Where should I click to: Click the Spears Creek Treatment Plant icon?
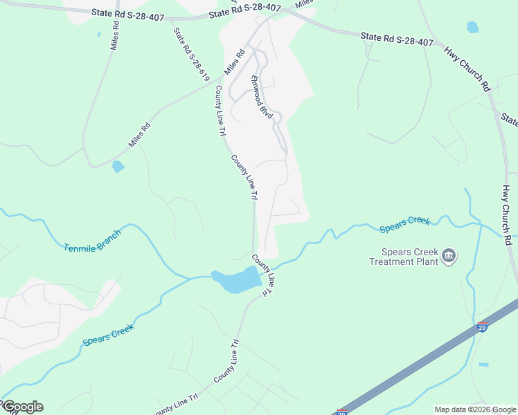pyautogui.click(x=449, y=257)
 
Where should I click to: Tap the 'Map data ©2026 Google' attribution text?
pyautogui.click(x=475, y=409)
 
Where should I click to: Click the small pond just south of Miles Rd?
pyautogui.click(x=118, y=167)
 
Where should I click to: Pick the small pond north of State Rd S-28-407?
pyautogui.click(x=472, y=27)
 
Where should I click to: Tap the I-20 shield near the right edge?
pyautogui.click(x=481, y=326)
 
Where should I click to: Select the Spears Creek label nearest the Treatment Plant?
pyautogui.click(x=404, y=225)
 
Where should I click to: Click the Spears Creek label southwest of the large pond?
pyautogui.click(x=107, y=331)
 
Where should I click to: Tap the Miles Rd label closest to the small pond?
pyautogui.click(x=139, y=136)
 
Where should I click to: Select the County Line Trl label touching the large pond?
pyautogui.click(x=264, y=276)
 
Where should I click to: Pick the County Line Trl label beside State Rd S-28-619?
pyautogui.click(x=220, y=111)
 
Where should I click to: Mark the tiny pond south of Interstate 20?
pyautogui.click(x=483, y=365)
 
